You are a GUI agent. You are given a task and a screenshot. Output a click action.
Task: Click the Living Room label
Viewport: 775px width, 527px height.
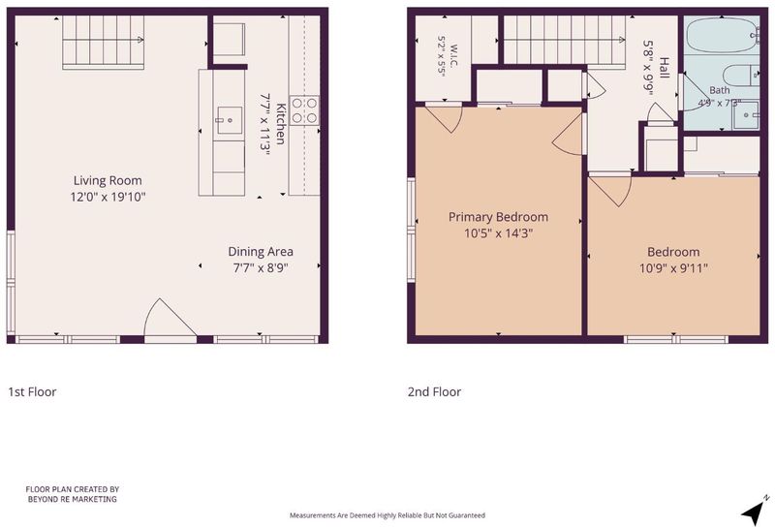(108, 180)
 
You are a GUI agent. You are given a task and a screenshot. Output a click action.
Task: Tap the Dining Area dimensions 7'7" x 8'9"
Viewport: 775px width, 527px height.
(261, 268)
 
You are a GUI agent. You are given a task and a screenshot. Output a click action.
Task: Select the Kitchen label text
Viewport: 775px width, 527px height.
(280, 124)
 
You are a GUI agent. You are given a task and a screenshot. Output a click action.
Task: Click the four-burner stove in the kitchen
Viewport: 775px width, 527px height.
(304, 110)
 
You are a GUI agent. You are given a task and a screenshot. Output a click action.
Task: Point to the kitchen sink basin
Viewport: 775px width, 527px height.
(230, 120)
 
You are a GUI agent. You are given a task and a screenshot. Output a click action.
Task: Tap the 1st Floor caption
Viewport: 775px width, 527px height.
(32, 392)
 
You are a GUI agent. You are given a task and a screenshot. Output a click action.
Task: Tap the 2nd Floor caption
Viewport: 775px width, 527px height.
(434, 392)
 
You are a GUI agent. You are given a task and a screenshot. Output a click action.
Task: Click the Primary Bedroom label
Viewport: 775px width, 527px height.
(498, 217)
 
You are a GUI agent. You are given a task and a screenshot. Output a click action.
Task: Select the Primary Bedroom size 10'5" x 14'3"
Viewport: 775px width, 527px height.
(498, 233)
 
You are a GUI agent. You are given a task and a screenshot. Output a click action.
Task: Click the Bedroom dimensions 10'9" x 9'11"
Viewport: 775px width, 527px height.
(673, 268)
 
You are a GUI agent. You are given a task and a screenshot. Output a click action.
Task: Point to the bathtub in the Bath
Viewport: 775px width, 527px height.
(723, 35)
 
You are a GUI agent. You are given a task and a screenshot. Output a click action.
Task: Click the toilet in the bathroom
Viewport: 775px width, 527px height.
(741, 76)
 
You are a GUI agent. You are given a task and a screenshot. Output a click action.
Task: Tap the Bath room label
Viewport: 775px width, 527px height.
(720, 90)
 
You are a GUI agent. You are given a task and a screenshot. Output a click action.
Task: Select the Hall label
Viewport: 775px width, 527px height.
(665, 68)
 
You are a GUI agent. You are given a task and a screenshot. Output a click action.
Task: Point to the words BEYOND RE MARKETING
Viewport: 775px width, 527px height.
(72, 499)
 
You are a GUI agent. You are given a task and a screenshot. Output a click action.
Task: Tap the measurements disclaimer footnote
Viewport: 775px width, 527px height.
(387, 515)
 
